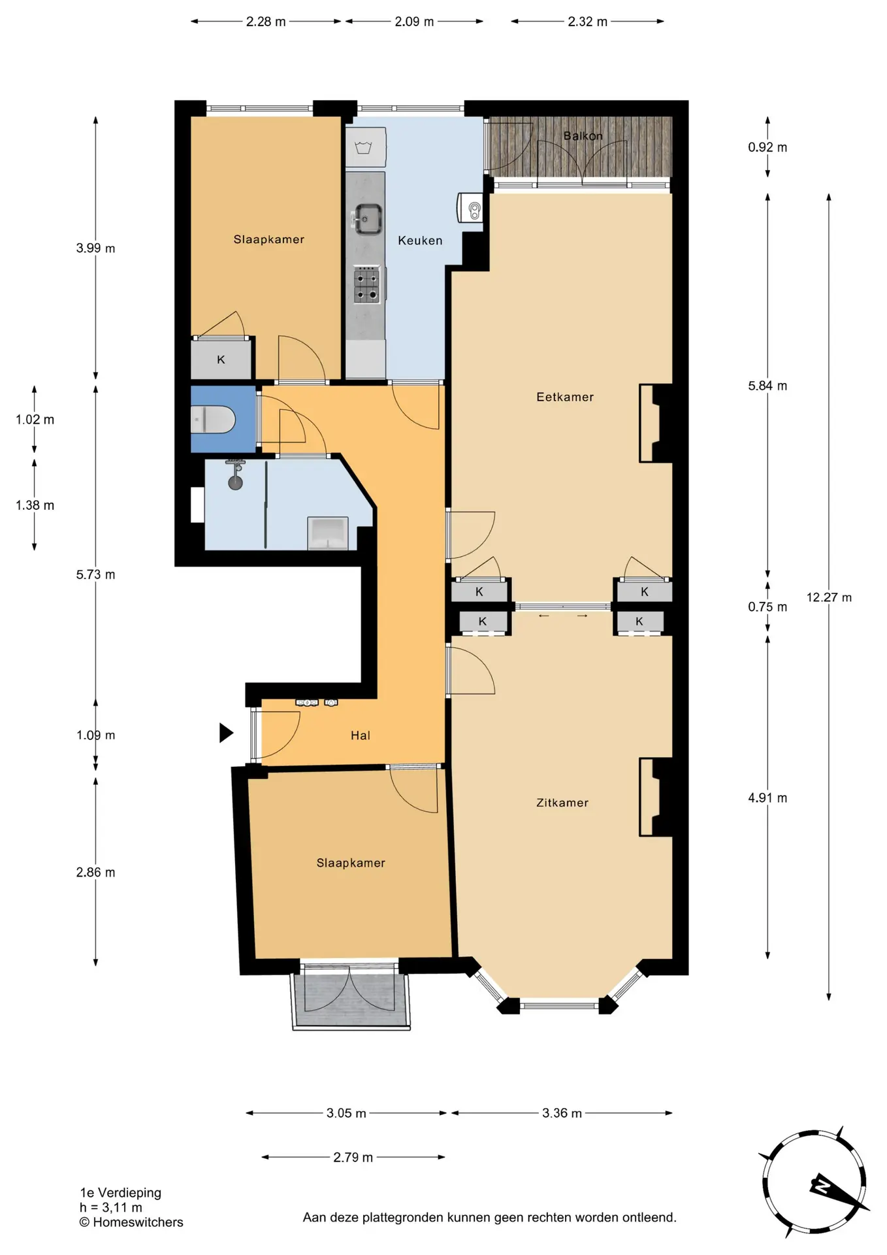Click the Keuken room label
(x=420, y=241)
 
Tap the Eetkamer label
(x=565, y=397)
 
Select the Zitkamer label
(x=562, y=803)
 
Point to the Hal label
(x=361, y=735)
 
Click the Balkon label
(x=583, y=136)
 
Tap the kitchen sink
(x=368, y=218)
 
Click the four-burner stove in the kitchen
(x=366, y=285)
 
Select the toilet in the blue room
(x=212, y=419)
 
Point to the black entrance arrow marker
(x=226, y=733)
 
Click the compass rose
(x=814, y=1182)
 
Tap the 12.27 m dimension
(x=829, y=597)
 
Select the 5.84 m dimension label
(x=767, y=386)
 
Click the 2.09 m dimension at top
(x=414, y=22)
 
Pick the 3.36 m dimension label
(x=562, y=1113)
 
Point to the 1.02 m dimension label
(x=35, y=420)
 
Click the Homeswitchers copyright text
(x=131, y=1222)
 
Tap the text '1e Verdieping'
(x=121, y=1193)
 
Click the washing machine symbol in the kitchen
(x=365, y=147)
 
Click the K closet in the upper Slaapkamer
(x=221, y=359)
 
